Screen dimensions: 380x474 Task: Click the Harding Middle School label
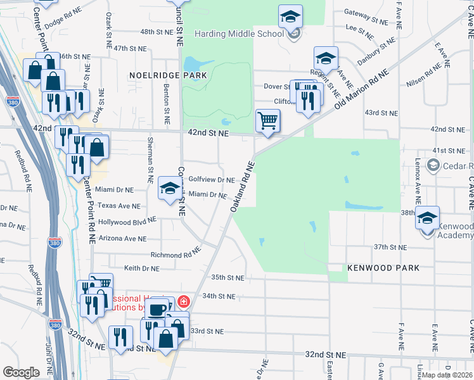pos(240,33)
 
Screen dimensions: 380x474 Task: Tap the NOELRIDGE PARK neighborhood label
pos(169,75)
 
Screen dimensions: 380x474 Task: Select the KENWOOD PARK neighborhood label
pos(383,268)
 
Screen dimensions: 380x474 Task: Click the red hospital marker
pos(184,301)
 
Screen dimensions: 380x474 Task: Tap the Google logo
pos(21,372)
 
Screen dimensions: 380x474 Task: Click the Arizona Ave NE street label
pos(122,239)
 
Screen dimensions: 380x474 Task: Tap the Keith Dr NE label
pos(141,269)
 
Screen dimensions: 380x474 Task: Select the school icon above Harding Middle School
pos(290,16)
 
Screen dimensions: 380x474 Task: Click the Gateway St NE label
pos(366,12)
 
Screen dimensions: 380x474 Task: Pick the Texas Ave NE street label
pos(118,206)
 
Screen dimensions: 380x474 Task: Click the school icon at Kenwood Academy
pos(427,217)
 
